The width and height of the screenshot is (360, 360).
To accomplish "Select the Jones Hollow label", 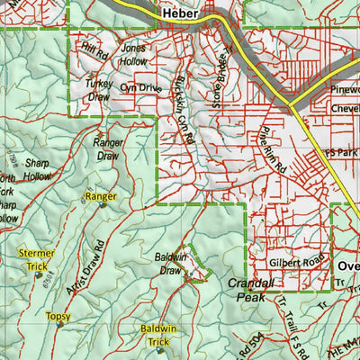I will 133,54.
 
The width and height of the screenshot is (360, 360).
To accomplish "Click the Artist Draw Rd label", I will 86,268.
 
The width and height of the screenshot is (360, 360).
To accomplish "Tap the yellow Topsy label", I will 58,316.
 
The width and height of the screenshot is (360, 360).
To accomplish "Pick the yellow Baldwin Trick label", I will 158,336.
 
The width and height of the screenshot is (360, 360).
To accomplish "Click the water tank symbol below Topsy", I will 60,325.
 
